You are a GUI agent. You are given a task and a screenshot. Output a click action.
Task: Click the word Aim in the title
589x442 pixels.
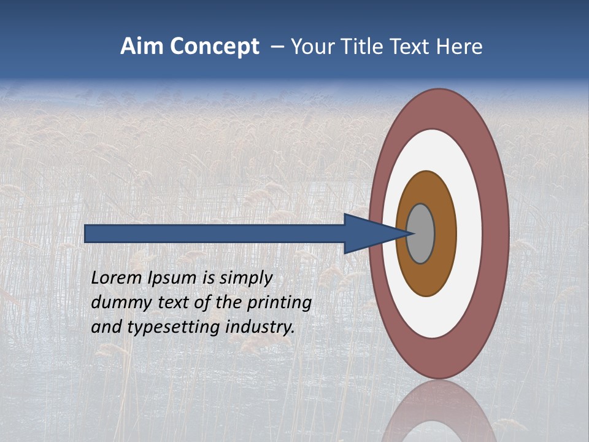(142, 47)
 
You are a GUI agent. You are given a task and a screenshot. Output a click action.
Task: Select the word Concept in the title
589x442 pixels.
(214, 47)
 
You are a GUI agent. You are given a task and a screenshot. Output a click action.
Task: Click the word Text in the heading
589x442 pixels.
(415, 47)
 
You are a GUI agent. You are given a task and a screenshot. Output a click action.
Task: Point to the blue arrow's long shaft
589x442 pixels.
(215, 233)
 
